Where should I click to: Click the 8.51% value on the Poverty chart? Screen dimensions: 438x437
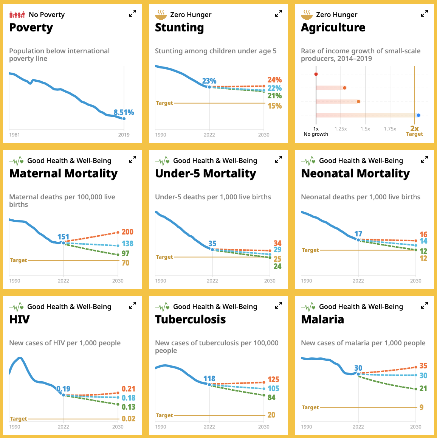click(124, 112)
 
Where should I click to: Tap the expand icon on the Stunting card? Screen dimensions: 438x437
click(279, 14)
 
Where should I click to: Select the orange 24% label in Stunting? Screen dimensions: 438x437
click(274, 80)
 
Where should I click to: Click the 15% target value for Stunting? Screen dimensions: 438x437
click(274, 106)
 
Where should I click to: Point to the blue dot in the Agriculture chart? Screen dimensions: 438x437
click(418, 115)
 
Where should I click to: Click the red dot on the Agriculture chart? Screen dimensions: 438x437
click(316, 74)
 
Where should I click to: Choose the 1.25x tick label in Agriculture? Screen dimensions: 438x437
click(341, 129)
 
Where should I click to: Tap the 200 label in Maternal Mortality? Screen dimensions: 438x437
click(127, 232)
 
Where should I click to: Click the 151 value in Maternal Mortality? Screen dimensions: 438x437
click(63, 237)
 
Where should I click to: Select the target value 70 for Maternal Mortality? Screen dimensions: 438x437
click(126, 262)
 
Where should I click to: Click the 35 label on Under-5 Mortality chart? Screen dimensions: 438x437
click(212, 244)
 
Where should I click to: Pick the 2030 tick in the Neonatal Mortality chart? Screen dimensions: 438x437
click(415, 281)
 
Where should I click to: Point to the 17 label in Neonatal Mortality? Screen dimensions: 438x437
click(358, 234)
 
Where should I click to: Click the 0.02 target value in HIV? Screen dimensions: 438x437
click(129, 419)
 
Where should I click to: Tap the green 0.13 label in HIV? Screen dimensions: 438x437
click(129, 407)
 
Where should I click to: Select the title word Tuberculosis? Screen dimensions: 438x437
click(190, 320)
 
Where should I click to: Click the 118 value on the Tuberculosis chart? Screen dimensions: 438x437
click(209, 379)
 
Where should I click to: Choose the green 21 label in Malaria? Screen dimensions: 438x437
click(423, 388)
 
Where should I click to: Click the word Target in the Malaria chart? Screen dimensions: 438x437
click(310, 407)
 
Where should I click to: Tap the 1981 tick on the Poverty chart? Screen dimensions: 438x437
click(14, 135)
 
